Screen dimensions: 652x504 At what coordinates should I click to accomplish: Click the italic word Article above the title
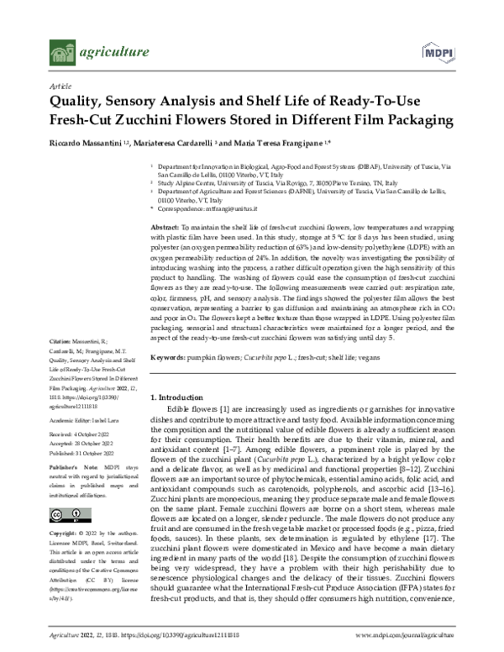(x=60, y=86)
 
